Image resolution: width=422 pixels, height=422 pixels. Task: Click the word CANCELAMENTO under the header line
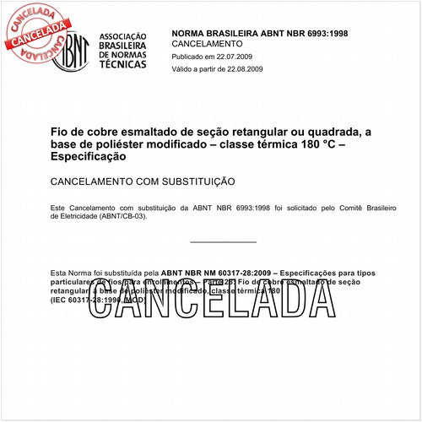coord(207,43)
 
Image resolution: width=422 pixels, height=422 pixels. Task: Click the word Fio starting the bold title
coord(61,132)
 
